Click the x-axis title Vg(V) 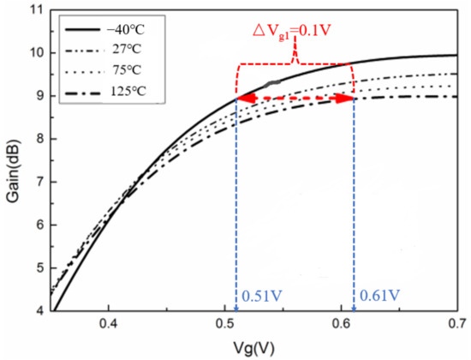[x=256, y=348]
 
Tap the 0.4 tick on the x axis [x=108, y=326]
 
